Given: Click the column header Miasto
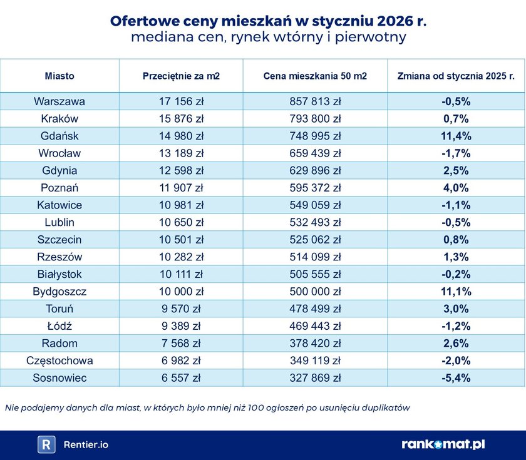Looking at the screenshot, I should [x=59, y=76].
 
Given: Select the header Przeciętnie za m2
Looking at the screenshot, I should [x=181, y=76].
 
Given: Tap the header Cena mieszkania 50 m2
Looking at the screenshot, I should [x=315, y=76].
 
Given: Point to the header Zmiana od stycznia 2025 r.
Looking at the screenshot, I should [x=456, y=76].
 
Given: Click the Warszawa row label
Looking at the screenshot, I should [x=59, y=101].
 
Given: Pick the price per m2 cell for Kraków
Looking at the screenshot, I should [x=181, y=118].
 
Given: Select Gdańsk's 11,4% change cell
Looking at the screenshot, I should [x=456, y=136].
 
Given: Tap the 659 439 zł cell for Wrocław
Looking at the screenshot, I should [x=315, y=153].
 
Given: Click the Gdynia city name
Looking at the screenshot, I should [x=59, y=170].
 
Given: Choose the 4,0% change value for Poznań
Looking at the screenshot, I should [x=456, y=188].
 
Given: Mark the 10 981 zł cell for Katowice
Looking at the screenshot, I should [x=181, y=205].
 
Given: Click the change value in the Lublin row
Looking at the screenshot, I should [x=456, y=222].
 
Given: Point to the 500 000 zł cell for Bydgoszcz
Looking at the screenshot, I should [x=315, y=291].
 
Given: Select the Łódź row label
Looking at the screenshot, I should [x=59, y=325].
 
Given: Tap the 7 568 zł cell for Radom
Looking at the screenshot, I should [x=181, y=343].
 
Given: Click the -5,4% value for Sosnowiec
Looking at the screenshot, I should [x=456, y=377].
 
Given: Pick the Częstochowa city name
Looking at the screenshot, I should [x=59, y=360].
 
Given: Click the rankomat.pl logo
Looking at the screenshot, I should [x=443, y=444].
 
